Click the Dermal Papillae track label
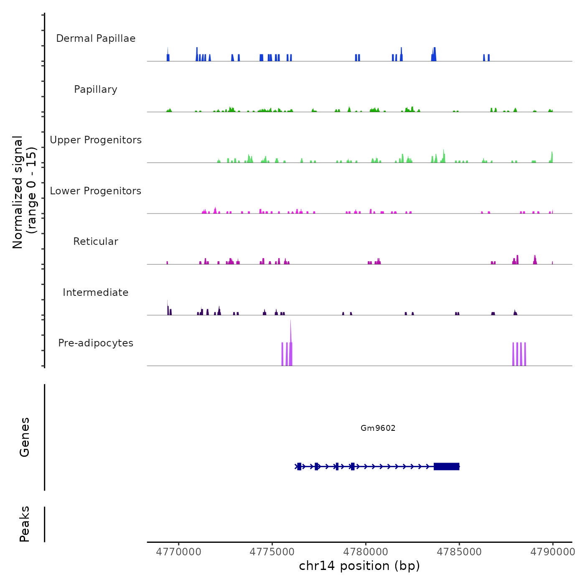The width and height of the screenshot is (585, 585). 96,38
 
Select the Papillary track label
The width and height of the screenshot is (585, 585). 96,89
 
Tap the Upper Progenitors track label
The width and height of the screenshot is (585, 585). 96,140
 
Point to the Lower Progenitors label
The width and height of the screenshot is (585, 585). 96,191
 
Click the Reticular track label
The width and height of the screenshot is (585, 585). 96,242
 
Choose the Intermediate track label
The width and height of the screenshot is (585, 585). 96,292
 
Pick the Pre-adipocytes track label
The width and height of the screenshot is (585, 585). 96,343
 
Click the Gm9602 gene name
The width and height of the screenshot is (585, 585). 378,428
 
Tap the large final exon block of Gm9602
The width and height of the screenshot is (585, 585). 447,466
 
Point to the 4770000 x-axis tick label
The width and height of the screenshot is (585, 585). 178,552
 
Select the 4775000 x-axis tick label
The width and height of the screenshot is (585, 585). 272,552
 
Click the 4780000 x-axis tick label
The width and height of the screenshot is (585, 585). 366,552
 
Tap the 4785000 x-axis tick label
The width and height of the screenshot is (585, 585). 459,552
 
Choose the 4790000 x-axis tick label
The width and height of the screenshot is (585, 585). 553,552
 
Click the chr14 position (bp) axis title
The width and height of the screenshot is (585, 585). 359,566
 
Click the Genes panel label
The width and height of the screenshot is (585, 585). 25,437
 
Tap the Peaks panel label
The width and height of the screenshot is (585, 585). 25,524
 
